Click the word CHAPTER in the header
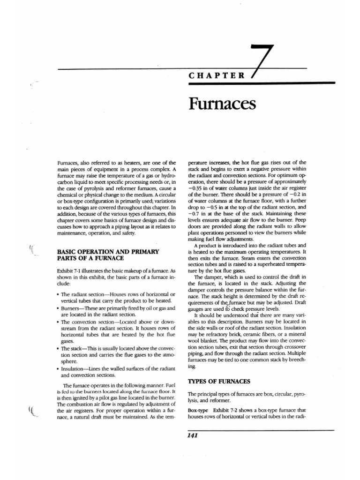pos(216,75)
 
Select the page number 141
pos(192,435)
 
